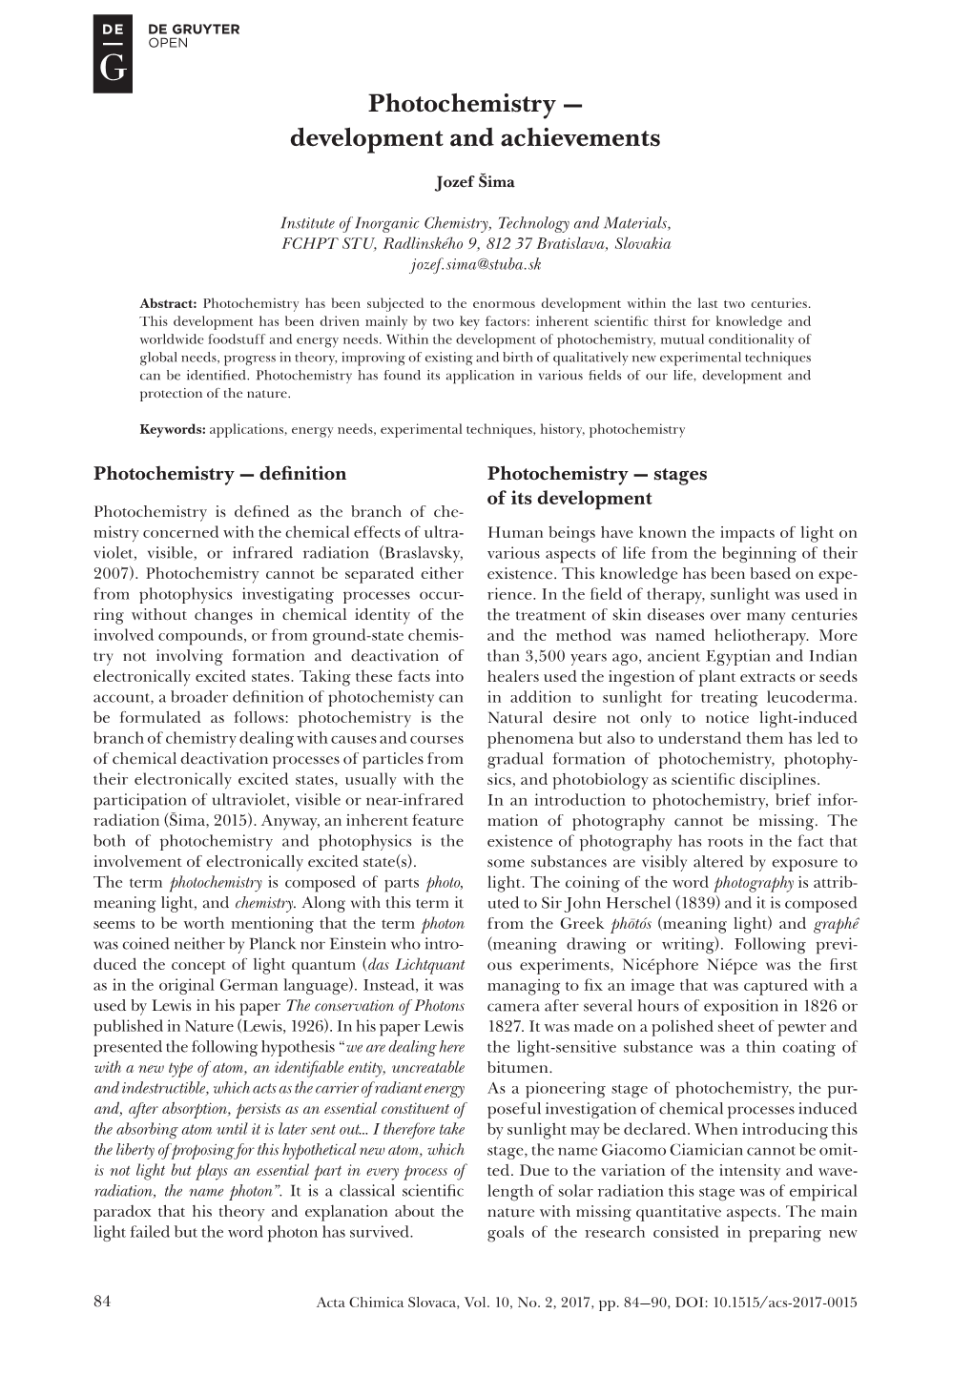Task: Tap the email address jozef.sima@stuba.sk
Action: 475,263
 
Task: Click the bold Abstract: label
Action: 168,298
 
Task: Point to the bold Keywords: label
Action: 173,429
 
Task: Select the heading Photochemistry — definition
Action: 219,474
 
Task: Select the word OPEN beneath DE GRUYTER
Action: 168,42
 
